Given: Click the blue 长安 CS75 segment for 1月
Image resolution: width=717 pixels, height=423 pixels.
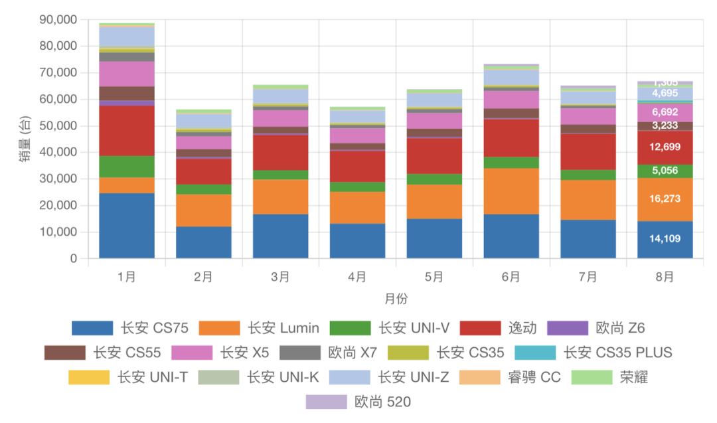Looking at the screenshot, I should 127,226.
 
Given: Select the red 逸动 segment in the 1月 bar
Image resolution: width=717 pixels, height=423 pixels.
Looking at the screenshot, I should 127,131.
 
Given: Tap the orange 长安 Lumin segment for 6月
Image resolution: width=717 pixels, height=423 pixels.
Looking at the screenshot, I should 511,191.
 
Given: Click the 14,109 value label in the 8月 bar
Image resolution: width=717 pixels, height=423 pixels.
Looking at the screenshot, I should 665,238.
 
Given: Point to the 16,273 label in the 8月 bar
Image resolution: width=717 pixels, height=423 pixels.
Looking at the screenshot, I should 665,199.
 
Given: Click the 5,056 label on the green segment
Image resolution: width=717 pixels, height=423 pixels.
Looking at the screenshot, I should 665,171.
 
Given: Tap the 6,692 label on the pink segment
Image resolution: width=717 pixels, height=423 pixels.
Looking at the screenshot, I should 665,112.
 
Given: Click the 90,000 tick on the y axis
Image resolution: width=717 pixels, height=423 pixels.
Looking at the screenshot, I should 59,20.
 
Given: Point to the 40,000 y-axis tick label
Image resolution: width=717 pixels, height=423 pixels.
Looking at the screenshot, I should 59,152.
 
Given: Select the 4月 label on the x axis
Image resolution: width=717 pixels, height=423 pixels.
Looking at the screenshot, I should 357,277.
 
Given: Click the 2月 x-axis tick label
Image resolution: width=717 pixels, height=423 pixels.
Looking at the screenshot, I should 203,277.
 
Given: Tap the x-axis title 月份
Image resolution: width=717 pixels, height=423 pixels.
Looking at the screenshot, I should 396,299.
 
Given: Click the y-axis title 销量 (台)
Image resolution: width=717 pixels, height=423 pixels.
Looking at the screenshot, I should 25,139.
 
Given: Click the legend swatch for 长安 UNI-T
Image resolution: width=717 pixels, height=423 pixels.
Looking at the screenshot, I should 89,377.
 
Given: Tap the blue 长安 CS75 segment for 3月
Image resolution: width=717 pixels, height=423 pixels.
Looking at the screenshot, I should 280,236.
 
